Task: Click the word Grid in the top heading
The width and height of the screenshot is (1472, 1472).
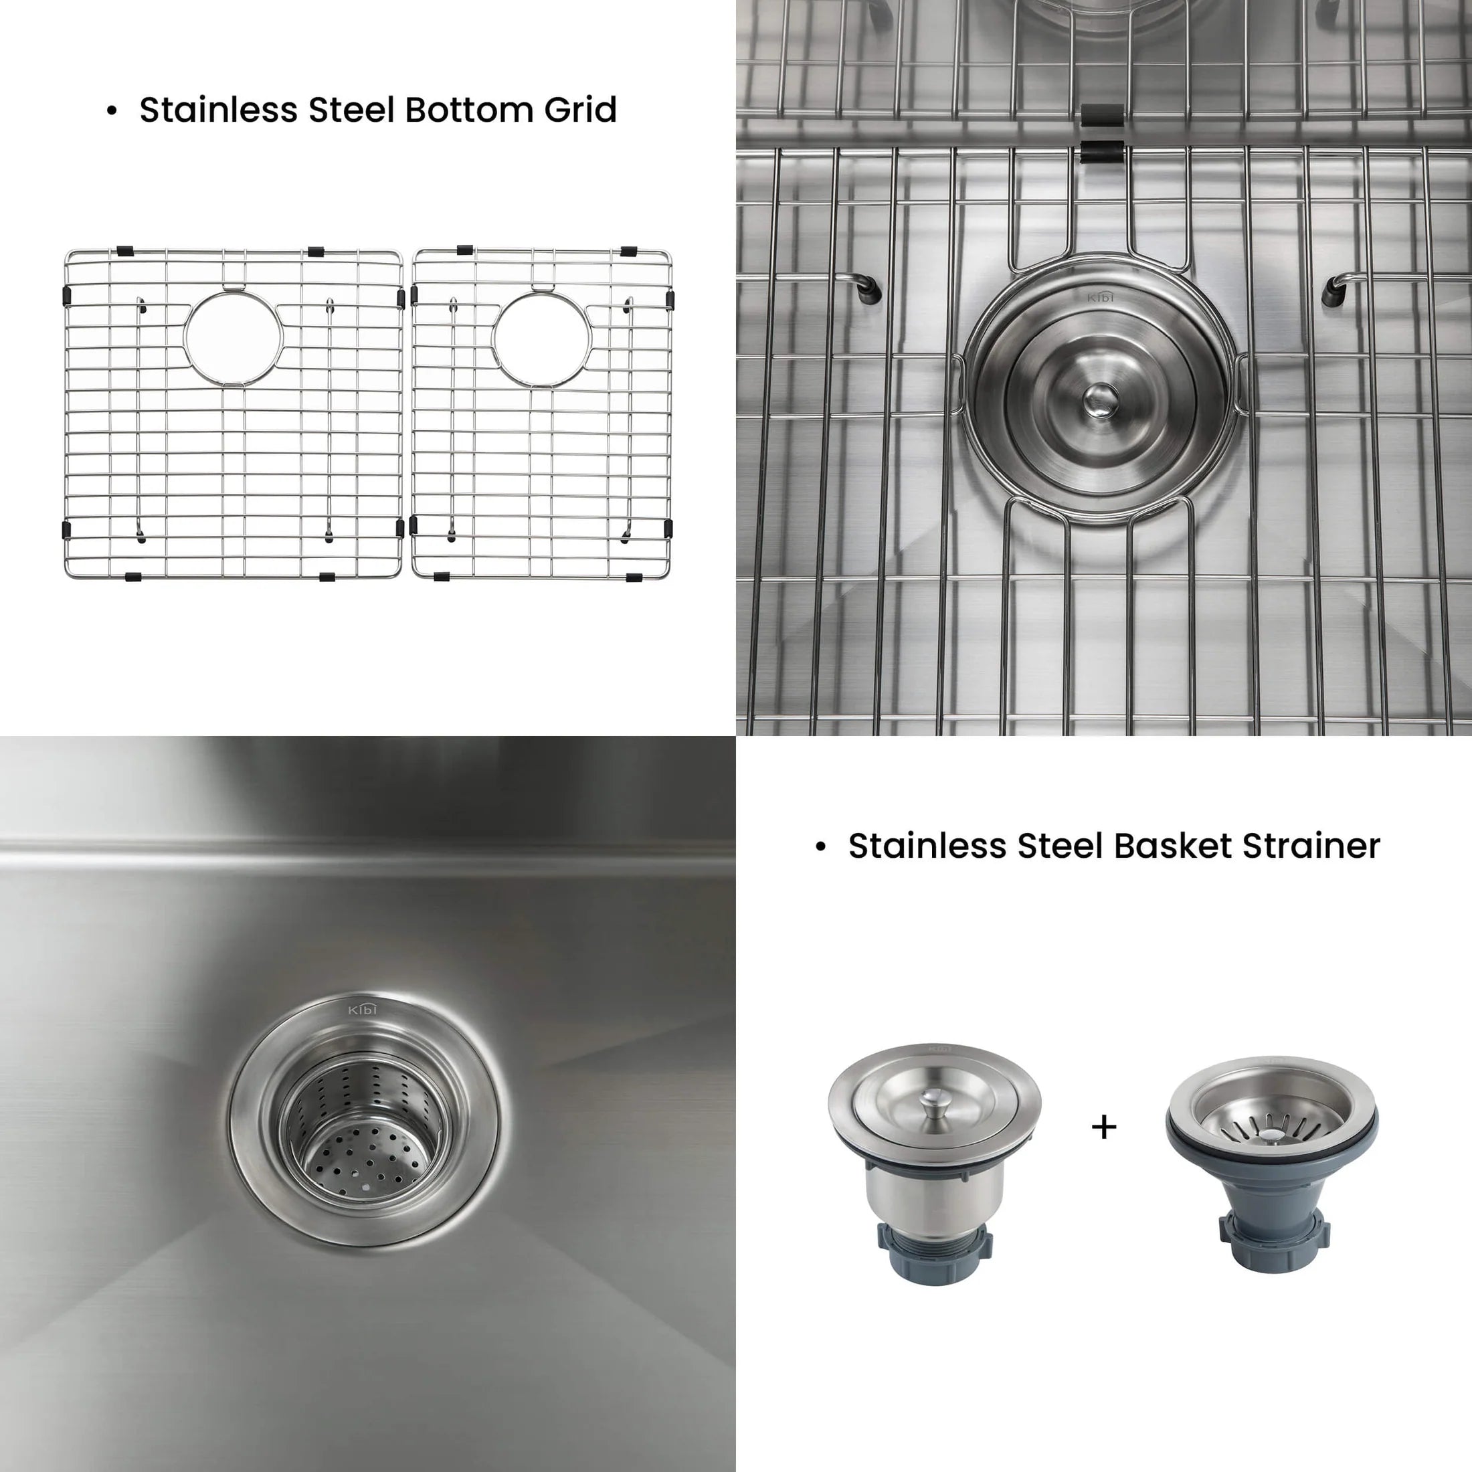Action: click(580, 110)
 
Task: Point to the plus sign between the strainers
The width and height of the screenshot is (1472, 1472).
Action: click(1104, 1126)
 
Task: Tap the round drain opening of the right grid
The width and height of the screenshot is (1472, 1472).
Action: click(542, 340)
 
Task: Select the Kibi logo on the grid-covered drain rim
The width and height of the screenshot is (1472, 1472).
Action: click(1099, 296)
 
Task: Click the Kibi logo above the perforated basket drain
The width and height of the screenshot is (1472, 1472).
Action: click(363, 1010)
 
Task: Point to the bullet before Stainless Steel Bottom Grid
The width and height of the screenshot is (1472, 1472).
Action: click(112, 111)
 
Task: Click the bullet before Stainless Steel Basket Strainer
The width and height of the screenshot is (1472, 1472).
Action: click(820, 847)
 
